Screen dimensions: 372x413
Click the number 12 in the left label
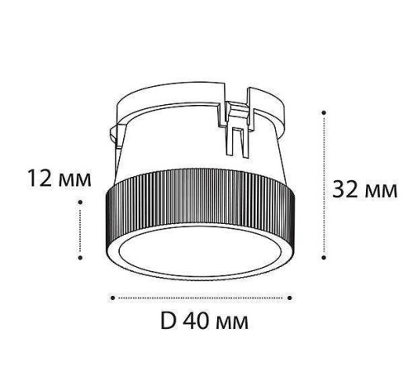[40, 179]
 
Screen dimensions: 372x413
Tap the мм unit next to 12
[74, 179]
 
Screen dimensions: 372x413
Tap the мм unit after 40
[234, 320]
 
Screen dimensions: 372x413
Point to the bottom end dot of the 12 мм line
[80, 259]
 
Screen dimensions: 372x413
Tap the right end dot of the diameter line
[292, 296]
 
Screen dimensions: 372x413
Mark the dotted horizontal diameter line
[201, 296]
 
